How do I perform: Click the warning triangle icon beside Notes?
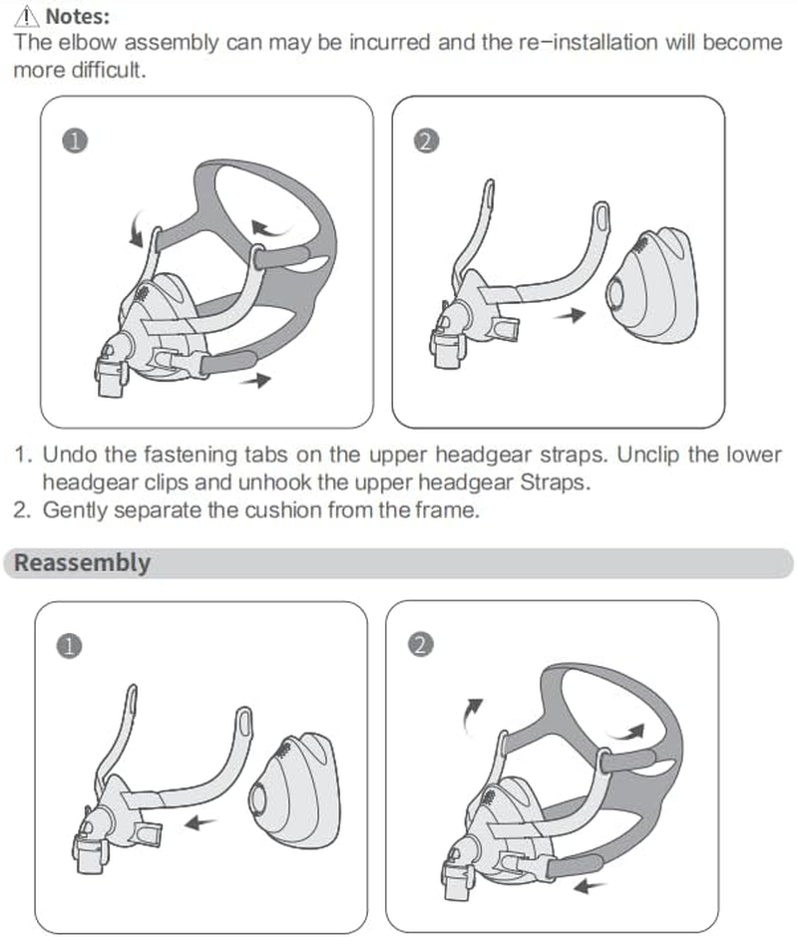[x=26, y=17]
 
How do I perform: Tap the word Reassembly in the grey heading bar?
[x=82, y=563]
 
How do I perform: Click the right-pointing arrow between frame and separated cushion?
[x=572, y=315]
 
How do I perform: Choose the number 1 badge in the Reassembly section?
[x=69, y=646]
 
